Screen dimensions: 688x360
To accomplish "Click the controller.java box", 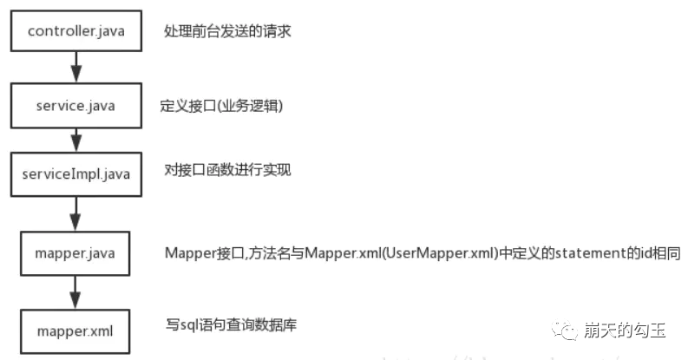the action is tap(76, 31).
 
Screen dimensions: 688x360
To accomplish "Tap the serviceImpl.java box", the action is tap(76, 173).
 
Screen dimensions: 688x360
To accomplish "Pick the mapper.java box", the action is tap(76, 253).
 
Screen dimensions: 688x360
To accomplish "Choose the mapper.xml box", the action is tap(76, 331).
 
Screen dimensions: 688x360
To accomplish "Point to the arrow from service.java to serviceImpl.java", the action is tap(76, 139).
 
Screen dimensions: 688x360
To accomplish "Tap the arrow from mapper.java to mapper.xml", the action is tap(76, 291).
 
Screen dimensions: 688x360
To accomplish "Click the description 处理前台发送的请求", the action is tap(227, 32).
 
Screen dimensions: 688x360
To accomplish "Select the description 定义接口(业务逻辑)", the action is tap(222, 106).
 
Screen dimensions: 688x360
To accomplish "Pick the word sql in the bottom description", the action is tap(187, 327).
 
